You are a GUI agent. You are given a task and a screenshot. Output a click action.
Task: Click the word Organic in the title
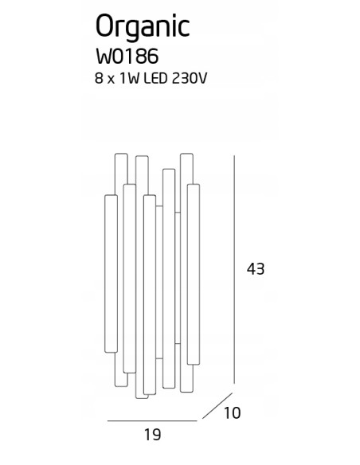143,28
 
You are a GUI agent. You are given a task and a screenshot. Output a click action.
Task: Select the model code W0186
127,57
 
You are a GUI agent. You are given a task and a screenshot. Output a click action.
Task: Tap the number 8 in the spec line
99,79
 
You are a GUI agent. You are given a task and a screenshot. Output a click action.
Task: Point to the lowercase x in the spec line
112,80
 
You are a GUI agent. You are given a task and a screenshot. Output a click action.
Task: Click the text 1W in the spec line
129,79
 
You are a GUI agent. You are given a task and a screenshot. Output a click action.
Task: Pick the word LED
155,79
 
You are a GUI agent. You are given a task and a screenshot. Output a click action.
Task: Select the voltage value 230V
189,79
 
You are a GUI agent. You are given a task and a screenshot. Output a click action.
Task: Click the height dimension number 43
256,269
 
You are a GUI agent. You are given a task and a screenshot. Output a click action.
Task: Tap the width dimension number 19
152,435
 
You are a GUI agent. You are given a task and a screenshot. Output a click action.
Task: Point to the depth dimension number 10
232,413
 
